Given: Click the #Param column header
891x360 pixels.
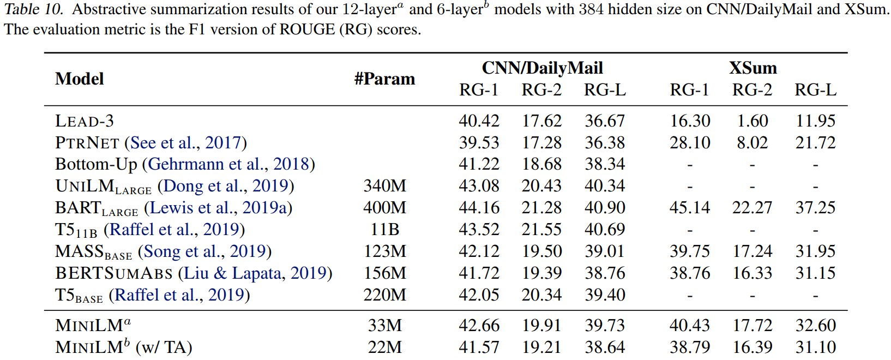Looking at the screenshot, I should point(384,79).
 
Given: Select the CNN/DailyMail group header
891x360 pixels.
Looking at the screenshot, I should point(542,68).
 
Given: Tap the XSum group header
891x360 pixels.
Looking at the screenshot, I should point(752,68).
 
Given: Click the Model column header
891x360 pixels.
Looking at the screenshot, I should point(80,79).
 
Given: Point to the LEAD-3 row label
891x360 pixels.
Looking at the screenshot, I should point(85,121).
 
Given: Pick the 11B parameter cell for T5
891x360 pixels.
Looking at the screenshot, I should point(384,230).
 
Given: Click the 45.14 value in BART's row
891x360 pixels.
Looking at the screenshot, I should point(690,208).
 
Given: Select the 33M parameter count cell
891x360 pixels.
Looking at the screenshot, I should point(384,326).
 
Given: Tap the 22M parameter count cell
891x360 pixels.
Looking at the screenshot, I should point(384,347).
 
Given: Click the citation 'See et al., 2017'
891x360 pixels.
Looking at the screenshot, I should point(185,143).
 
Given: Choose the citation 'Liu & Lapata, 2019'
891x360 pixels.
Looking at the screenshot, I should point(255,273).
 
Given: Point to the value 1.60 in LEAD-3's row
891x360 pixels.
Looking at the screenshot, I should point(752,121).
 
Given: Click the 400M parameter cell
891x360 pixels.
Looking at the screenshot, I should point(384,208).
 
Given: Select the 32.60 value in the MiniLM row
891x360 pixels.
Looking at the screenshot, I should point(815,326).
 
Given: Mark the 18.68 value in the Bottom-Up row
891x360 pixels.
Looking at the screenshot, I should point(541,164).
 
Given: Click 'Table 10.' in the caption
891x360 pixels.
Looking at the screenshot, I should point(35,9).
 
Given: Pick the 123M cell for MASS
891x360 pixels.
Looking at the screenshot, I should point(384,251).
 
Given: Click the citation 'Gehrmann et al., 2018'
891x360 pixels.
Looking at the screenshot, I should point(228,164).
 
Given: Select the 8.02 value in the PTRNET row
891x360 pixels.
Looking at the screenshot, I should point(752,143).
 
